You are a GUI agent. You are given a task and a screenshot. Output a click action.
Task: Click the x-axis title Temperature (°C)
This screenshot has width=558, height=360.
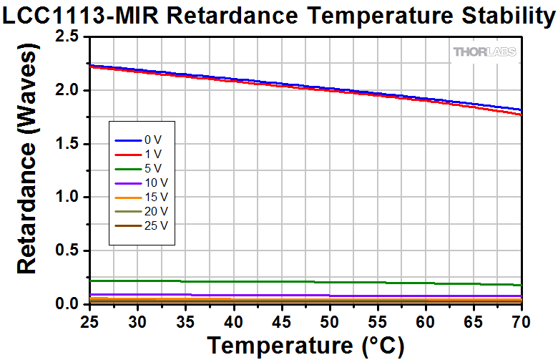coord(306,346)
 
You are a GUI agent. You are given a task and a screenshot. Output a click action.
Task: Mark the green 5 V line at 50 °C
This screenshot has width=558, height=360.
coord(329,282)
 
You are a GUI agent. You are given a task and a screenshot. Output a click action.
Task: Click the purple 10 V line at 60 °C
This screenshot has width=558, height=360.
coord(426,296)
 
